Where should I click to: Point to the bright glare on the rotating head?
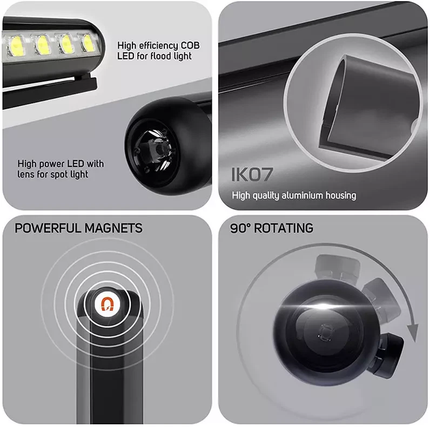coord(312,308)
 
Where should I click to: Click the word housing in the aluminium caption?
coord(339,195)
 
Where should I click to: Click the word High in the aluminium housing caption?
coord(241,195)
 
